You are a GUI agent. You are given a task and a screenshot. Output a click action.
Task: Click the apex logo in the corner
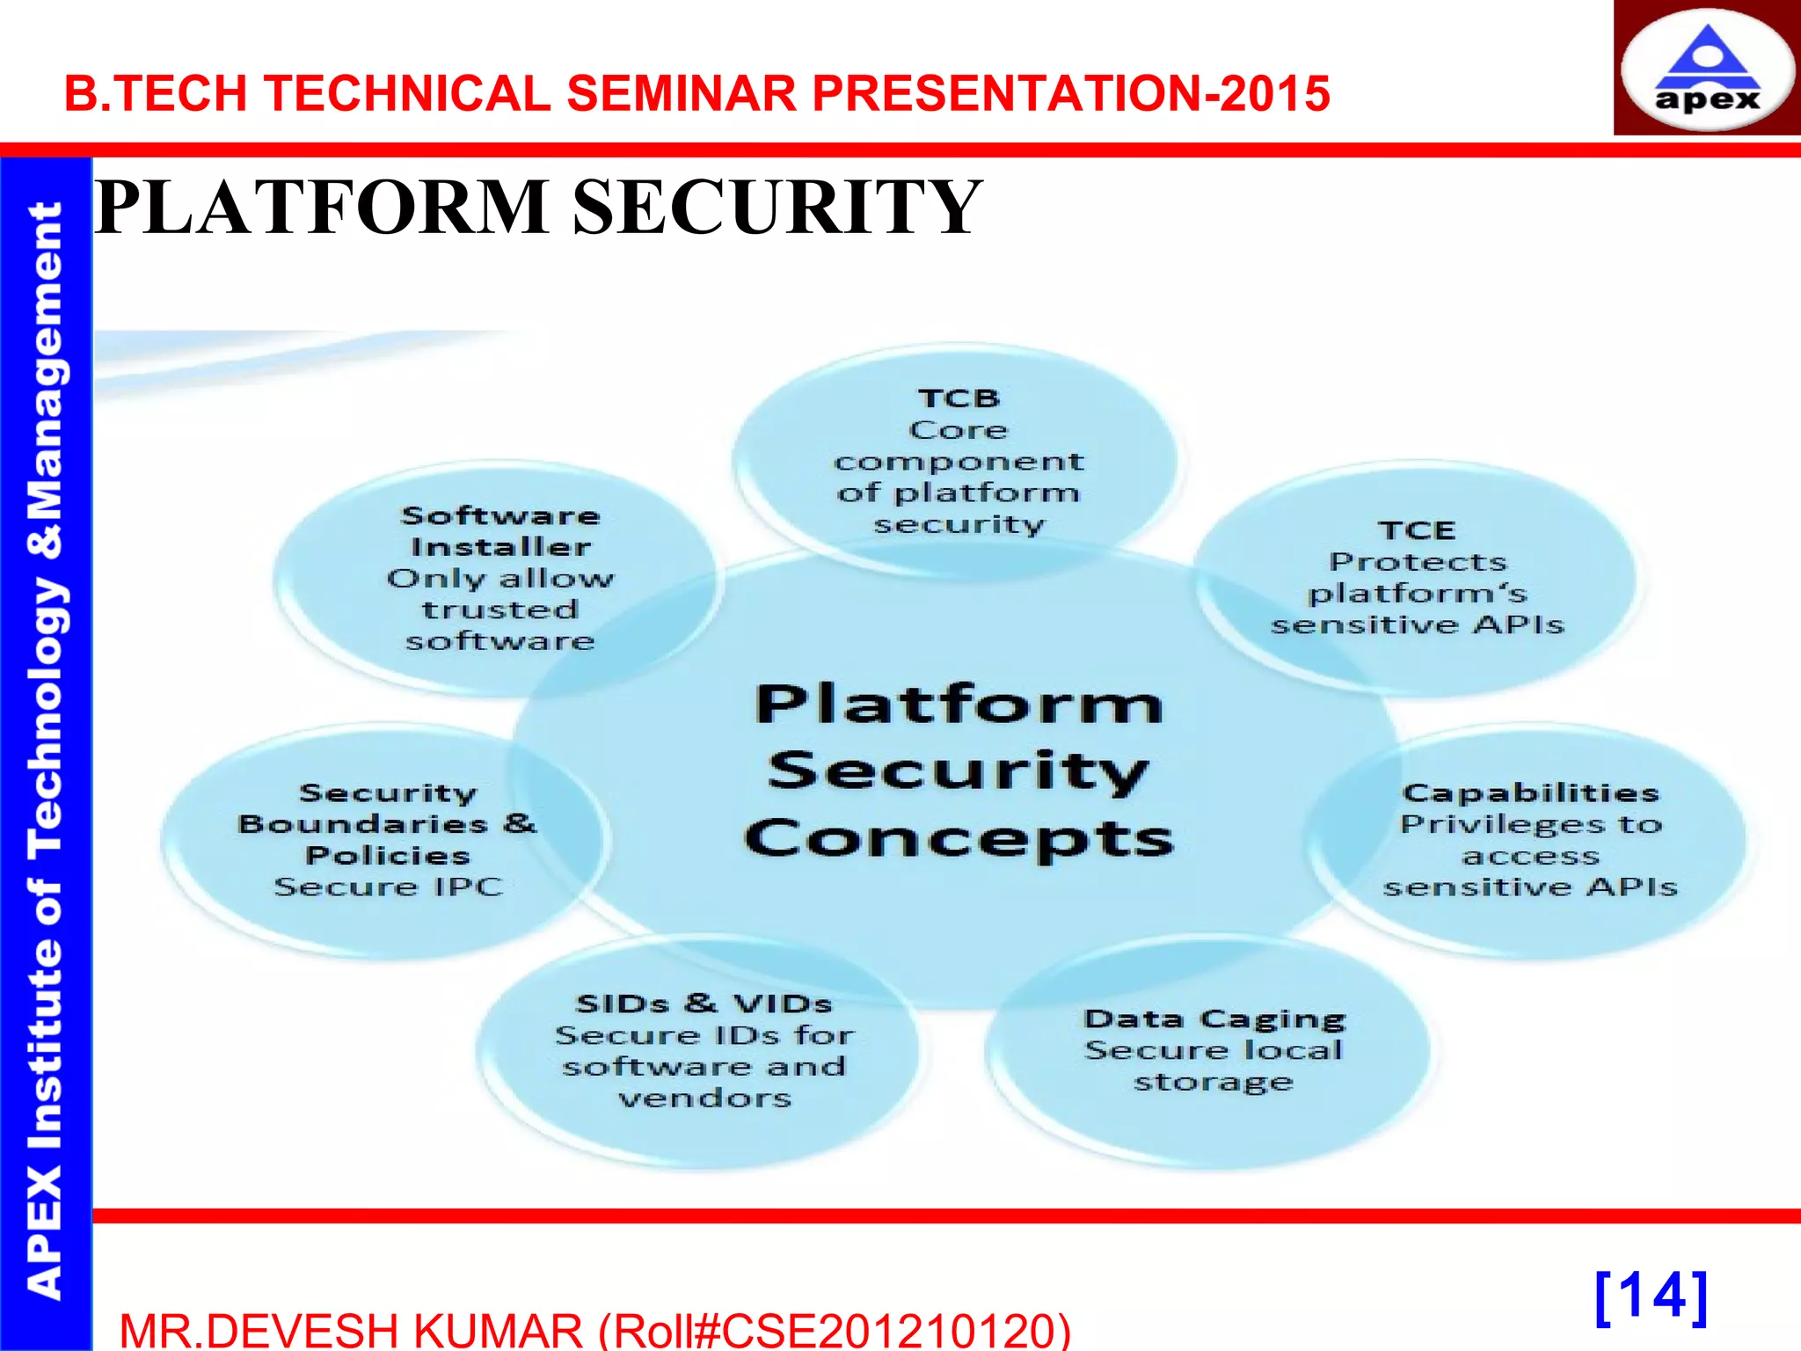pos(1706,70)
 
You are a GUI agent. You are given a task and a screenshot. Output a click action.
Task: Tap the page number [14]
pos(1651,1297)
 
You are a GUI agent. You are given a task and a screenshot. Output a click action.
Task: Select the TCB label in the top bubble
pos(959,398)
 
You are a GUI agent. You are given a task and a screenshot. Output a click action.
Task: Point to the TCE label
pos(1417,530)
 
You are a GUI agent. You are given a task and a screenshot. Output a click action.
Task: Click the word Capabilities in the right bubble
pos(1530,792)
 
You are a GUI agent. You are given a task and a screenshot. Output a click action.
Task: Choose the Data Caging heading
pos(1214,1019)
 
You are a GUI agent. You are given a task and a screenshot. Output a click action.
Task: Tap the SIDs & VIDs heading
pos(704,1004)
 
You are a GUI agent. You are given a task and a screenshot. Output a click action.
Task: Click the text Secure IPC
pos(388,887)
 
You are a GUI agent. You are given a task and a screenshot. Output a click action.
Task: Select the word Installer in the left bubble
pos(500,547)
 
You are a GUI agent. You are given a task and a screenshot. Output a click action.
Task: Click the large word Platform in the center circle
pos(959,705)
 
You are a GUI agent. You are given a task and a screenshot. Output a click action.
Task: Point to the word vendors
pos(704,1098)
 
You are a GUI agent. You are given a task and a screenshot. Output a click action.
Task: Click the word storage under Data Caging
pos(1214,1082)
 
